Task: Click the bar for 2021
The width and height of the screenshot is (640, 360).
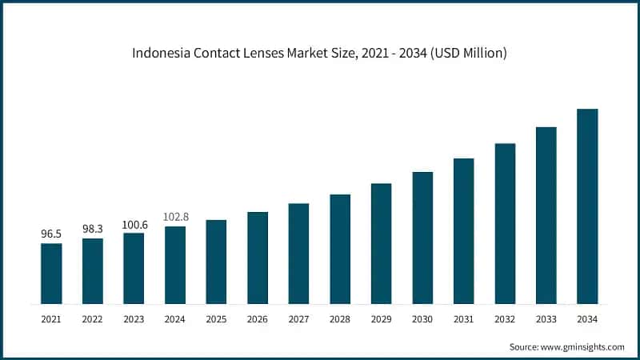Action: click(51, 274)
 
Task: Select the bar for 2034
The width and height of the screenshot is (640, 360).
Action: click(587, 206)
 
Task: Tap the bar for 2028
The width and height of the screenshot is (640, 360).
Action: click(340, 249)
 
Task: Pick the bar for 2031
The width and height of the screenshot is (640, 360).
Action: click(464, 231)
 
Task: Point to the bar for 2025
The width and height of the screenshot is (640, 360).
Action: click(216, 262)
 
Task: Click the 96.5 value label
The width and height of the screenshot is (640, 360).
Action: click(51, 234)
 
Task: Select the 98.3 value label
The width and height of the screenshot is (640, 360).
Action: click(93, 229)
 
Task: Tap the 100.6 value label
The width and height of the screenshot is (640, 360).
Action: click(134, 224)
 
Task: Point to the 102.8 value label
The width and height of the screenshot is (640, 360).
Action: click(175, 217)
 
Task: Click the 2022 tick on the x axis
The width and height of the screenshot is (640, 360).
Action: click(93, 319)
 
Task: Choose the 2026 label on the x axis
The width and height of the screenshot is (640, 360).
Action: click(258, 319)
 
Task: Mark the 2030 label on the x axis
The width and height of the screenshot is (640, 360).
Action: click(422, 319)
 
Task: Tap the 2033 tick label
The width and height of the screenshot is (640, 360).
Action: click(546, 319)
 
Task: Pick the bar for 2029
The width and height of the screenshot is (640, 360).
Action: click(382, 244)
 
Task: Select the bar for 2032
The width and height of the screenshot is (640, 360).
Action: click(505, 224)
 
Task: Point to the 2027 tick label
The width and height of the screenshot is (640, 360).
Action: click(298, 319)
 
